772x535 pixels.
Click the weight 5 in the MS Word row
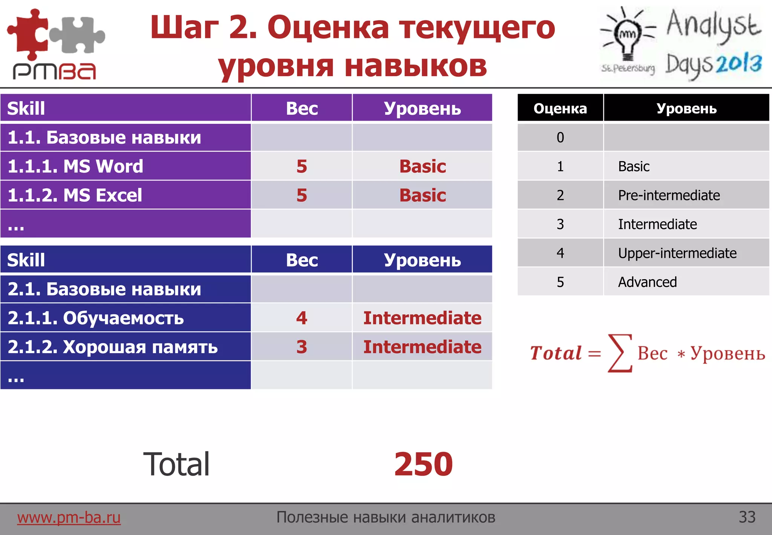302,166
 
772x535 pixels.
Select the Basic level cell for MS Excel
422,195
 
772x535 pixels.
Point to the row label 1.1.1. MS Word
75,166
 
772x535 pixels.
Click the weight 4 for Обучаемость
302,318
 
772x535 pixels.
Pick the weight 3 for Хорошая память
302,347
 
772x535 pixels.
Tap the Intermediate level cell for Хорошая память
422,347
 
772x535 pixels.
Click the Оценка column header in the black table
560,109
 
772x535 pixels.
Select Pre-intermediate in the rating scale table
669,195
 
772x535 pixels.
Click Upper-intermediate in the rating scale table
677,253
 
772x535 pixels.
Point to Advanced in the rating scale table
647,282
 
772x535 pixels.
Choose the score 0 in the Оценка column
560,137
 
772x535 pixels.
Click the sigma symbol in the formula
620,353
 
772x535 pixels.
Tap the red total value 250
423,464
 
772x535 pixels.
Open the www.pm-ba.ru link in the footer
69,517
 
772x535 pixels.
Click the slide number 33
747,517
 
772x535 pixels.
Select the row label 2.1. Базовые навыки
104,289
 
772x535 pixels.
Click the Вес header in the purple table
302,109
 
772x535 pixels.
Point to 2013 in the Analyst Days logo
739,63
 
